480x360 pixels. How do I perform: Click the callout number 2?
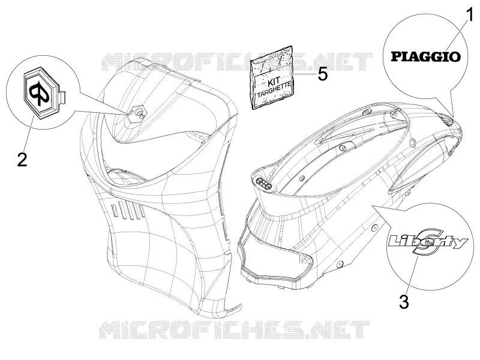[x=22, y=159]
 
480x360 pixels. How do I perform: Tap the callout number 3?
[x=404, y=302]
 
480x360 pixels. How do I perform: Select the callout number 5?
[x=322, y=74]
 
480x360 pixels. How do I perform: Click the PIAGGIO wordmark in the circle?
[x=426, y=56]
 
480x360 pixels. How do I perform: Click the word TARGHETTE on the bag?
[x=273, y=92]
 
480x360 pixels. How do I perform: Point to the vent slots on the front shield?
[x=128, y=212]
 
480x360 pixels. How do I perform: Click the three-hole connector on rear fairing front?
[x=263, y=185]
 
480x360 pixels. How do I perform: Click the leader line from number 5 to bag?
[x=304, y=74]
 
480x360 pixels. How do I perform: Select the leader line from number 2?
[x=29, y=134]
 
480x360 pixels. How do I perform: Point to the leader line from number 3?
[x=412, y=275]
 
